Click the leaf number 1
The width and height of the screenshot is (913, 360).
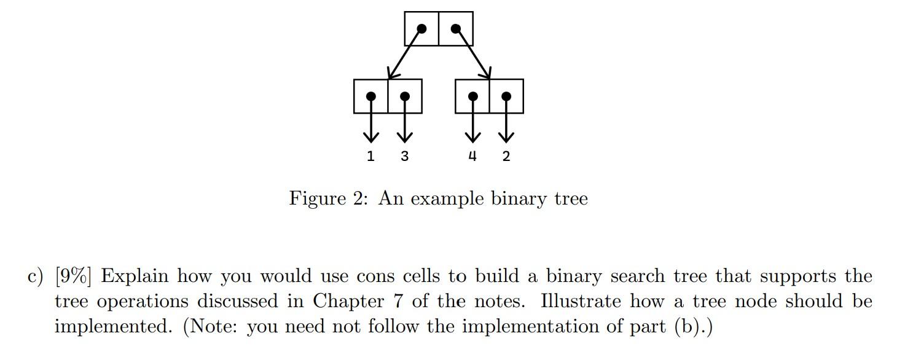coord(370,156)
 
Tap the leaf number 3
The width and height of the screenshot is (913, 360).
coord(404,156)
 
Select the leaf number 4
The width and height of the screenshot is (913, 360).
coord(472,156)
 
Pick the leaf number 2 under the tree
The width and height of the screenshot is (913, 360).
coord(506,156)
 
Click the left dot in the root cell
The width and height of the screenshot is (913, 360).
coord(421,28)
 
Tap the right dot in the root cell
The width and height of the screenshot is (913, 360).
coord(455,28)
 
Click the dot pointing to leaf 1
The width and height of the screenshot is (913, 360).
coord(370,96)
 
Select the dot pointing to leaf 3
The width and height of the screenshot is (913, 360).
coord(404,96)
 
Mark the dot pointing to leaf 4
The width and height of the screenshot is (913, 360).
coord(472,96)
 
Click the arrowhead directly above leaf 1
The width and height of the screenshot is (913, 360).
coord(370,135)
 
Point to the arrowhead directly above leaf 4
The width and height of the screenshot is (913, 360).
coord(472,135)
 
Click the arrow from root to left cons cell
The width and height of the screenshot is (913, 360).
coord(404,54)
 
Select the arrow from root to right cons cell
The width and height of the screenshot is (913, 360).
coord(473,54)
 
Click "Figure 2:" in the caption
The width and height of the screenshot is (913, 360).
coord(328,198)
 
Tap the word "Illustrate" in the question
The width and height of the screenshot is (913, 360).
coord(581,302)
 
